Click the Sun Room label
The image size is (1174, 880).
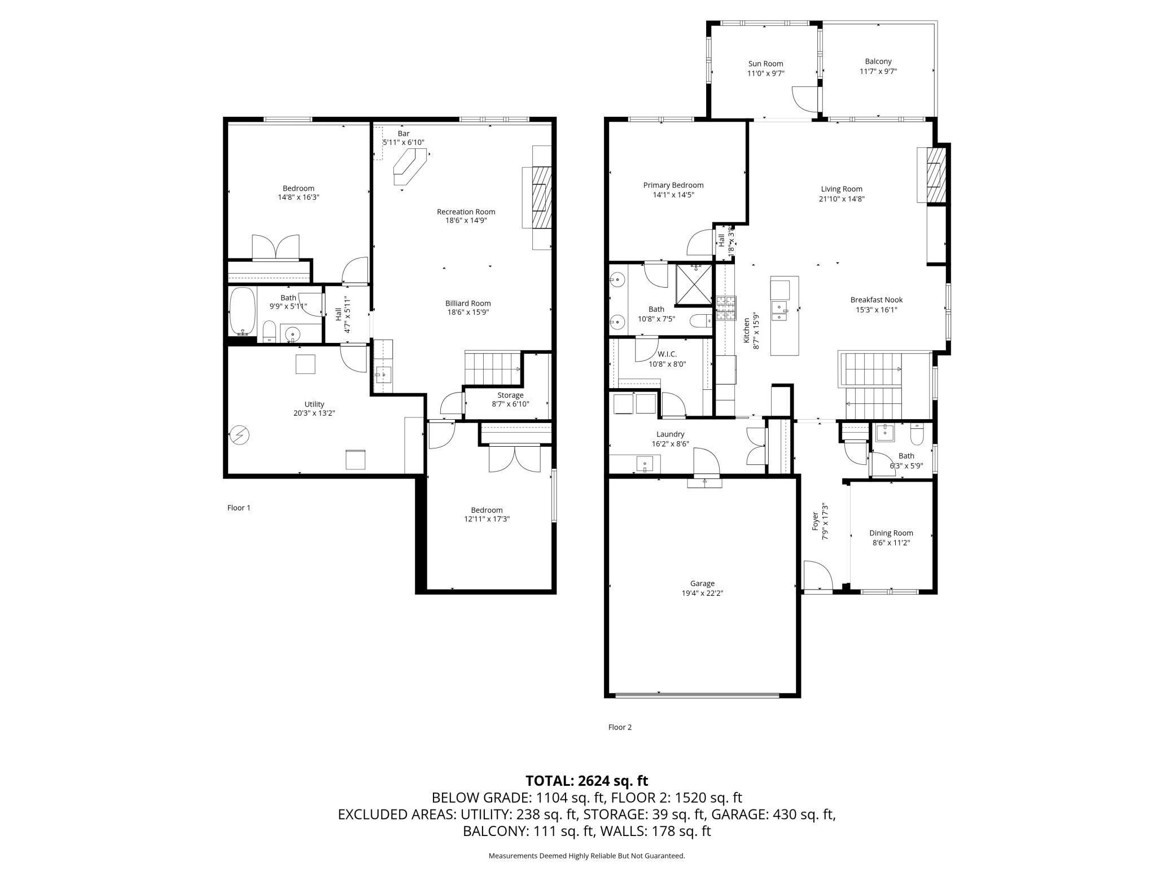coord(765,64)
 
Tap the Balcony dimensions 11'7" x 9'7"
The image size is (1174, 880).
coord(878,72)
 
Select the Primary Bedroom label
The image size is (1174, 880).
coord(673,185)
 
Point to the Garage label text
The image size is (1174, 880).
coord(702,584)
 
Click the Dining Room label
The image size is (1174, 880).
coord(891,533)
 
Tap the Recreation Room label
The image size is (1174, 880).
coord(466,212)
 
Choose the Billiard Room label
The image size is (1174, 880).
coord(468,303)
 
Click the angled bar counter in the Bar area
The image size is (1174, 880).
coord(410,166)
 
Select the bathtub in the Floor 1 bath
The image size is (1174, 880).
coord(243,311)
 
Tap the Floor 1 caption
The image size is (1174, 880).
coord(239,508)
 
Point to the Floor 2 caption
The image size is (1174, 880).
coord(620,727)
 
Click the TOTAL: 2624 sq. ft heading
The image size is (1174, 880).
coord(586,781)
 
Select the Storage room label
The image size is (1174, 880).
coord(510,395)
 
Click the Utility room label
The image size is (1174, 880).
coord(314,404)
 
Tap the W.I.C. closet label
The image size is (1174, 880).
coord(667,354)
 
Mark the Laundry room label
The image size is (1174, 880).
coord(670,434)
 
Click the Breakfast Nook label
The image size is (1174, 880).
coord(877,300)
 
